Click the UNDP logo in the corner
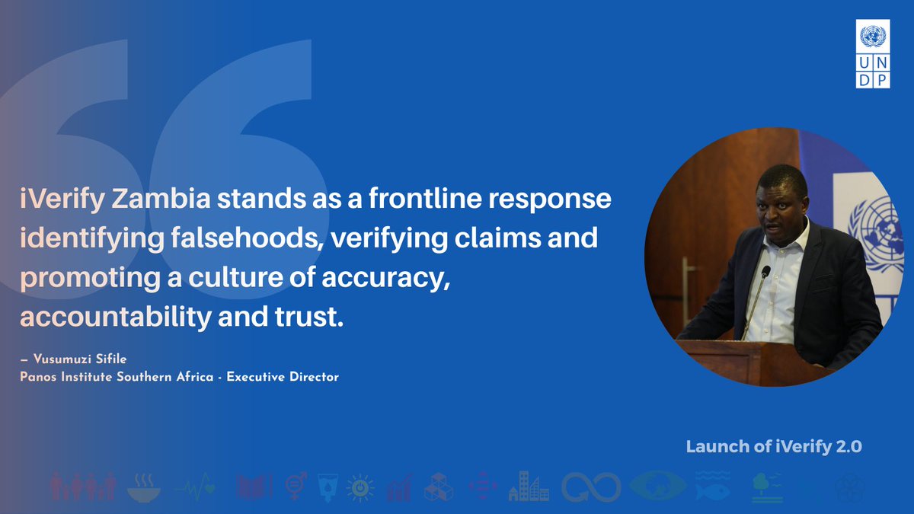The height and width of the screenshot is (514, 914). point(873,55)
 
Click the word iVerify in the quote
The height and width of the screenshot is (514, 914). point(62,200)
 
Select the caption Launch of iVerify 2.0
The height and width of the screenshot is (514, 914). point(774,447)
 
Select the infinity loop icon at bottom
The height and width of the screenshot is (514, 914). point(591,486)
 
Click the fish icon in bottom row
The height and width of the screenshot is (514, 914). point(712,486)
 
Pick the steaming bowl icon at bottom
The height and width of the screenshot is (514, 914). point(144,486)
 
